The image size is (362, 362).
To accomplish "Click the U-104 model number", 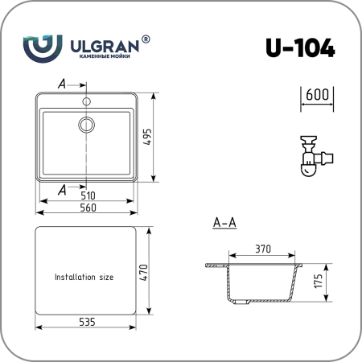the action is coord(300,47).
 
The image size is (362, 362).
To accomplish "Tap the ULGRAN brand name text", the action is coord(105,47).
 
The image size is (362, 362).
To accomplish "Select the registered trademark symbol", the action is coord(146,39).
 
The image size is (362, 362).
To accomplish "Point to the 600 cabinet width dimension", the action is coord(317,95).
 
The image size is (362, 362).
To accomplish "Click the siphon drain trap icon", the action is coord(316,156).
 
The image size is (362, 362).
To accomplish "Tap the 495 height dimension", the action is coord(147,138).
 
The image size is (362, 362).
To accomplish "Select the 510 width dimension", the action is coord(88,195).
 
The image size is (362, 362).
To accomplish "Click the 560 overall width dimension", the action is coord(88,208).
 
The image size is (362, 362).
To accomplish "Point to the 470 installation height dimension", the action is coord(144,273).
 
